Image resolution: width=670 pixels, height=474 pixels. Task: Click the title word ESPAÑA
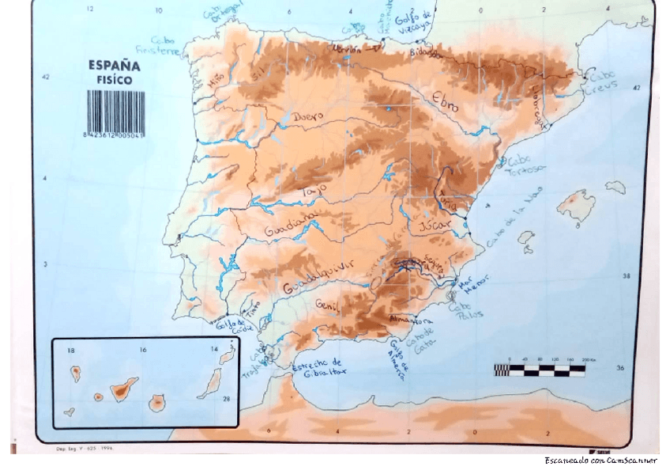coord(115,66)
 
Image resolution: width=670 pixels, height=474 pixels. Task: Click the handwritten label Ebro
coord(445,101)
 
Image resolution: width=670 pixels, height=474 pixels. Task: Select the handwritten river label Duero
coord(308,117)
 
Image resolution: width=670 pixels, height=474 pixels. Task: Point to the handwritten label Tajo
coord(314,192)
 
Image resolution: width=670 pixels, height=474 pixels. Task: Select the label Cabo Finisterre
coord(164,45)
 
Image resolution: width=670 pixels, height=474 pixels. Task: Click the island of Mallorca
coord(576,203)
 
